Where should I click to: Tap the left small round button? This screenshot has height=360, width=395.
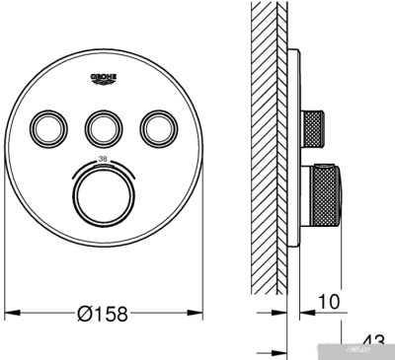(x=47, y=126)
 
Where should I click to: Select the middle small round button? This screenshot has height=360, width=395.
(x=102, y=126)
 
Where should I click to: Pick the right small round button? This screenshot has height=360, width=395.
(x=156, y=126)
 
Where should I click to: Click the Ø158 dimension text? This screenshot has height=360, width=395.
(x=103, y=313)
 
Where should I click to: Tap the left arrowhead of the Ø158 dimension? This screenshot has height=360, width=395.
(x=13, y=314)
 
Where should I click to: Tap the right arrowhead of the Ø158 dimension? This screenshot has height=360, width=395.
(x=193, y=314)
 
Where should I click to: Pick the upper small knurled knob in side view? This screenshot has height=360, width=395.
(x=315, y=125)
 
